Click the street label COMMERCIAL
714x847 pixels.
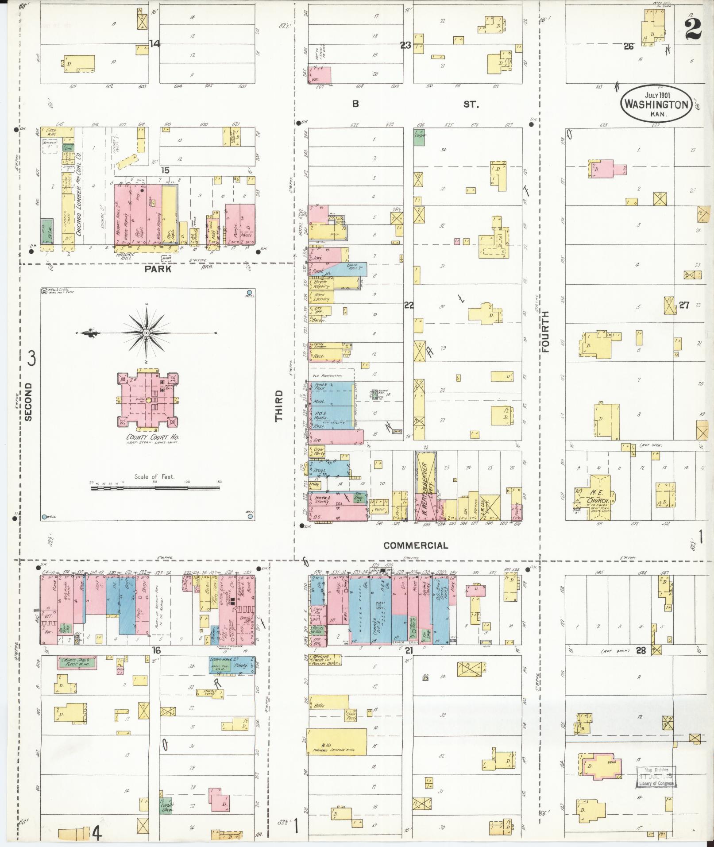point(416,546)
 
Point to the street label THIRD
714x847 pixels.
point(278,406)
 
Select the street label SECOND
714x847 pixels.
point(28,401)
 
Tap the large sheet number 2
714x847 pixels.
point(693,29)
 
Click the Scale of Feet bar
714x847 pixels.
point(155,488)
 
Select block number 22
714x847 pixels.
point(409,305)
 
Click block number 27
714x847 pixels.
point(684,305)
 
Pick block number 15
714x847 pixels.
point(165,170)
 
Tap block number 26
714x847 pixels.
point(629,46)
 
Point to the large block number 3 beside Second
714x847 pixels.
point(32,359)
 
